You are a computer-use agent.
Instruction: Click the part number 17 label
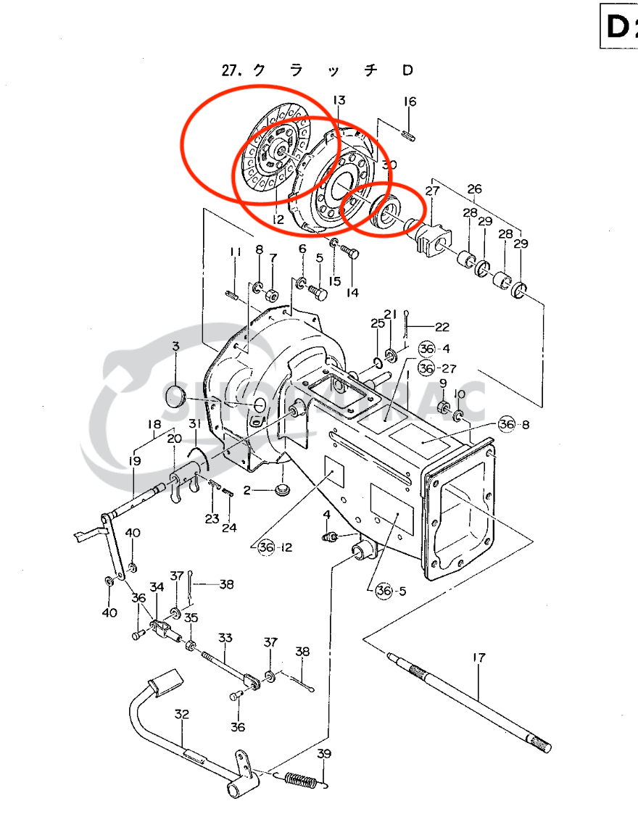478,658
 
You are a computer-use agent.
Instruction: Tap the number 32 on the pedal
181,714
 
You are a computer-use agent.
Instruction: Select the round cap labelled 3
176,397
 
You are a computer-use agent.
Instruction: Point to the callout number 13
339,99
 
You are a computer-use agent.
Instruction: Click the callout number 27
433,191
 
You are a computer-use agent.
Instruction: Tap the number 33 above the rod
225,638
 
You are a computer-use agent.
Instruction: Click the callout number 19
136,461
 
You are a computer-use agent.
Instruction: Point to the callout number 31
195,423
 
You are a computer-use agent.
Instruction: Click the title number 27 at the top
231,70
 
